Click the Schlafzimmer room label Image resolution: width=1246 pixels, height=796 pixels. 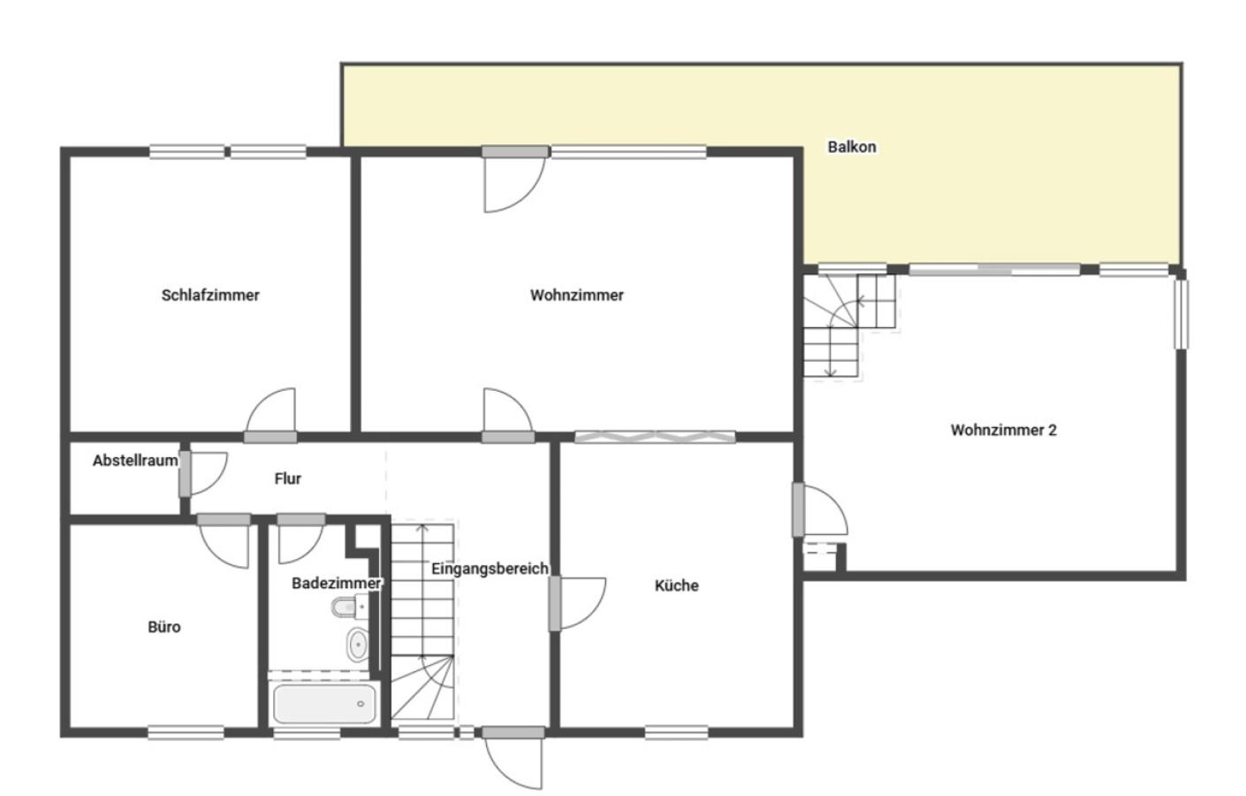(x=210, y=295)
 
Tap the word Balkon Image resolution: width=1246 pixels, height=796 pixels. (x=852, y=147)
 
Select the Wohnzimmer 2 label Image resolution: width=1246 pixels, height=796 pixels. (x=1004, y=430)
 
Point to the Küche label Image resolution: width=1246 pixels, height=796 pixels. (x=676, y=585)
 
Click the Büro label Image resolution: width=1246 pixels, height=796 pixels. (x=164, y=627)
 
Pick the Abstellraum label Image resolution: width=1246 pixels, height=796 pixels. (x=135, y=460)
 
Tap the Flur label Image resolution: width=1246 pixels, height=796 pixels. (x=287, y=478)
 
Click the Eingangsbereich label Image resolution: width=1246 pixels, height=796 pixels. (x=490, y=569)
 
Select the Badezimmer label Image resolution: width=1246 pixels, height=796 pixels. (x=337, y=583)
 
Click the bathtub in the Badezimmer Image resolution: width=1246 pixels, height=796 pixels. (x=324, y=704)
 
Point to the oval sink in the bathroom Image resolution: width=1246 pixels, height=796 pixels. (x=357, y=645)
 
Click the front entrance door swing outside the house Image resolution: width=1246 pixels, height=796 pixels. (x=513, y=758)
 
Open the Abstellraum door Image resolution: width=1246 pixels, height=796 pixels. (x=203, y=474)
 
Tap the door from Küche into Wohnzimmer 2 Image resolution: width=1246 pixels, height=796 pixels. (x=820, y=509)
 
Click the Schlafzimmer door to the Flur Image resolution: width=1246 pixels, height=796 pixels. (x=271, y=415)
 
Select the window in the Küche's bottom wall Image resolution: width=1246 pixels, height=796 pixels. (x=676, y=732)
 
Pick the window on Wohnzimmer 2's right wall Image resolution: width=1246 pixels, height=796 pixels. (x=1181, y=315)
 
